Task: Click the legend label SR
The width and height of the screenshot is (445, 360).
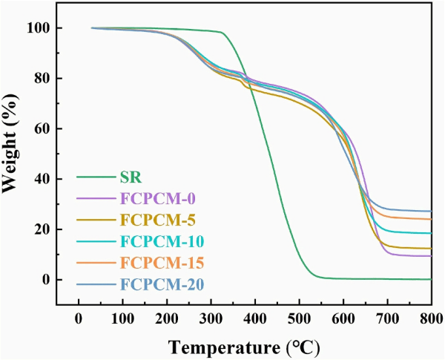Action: (x=131, y=177)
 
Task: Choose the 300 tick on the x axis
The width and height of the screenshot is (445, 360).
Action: (x=211, y=318)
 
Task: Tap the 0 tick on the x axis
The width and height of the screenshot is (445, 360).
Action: (x=79, y=318)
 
